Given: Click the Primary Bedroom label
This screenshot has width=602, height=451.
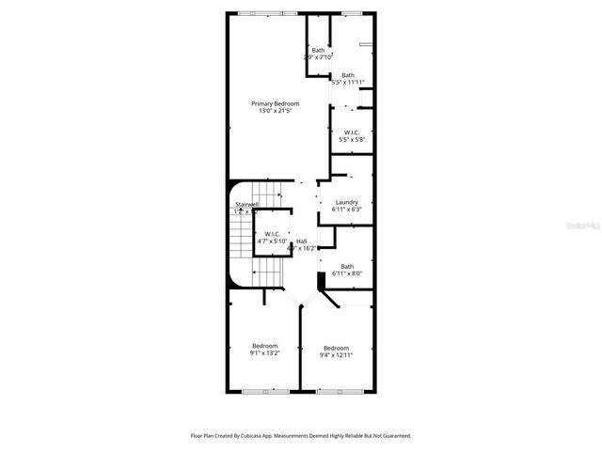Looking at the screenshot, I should point(275,102).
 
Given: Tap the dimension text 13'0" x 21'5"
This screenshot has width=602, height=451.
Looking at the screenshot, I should point(275,111).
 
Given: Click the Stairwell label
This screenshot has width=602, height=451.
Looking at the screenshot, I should point(246,204).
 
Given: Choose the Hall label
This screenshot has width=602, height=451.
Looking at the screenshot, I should point(301,241).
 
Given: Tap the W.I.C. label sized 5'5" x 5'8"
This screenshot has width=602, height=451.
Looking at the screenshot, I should point(352,132).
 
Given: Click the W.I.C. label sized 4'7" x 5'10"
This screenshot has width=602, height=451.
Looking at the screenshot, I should point(272,233).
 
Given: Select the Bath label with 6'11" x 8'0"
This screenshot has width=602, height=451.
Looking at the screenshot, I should point(347,266).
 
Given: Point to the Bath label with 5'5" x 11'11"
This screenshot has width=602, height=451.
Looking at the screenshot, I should point(348,75).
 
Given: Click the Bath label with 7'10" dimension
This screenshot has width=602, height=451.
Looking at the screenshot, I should point(318,50).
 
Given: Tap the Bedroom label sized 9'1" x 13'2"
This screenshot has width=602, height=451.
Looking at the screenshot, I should point(264,346).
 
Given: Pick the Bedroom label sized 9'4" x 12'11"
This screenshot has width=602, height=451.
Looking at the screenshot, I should point(336,348).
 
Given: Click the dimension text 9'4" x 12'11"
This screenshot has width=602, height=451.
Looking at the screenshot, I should point(336,355).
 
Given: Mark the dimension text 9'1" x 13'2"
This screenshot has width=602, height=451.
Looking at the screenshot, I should point(264,353).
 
